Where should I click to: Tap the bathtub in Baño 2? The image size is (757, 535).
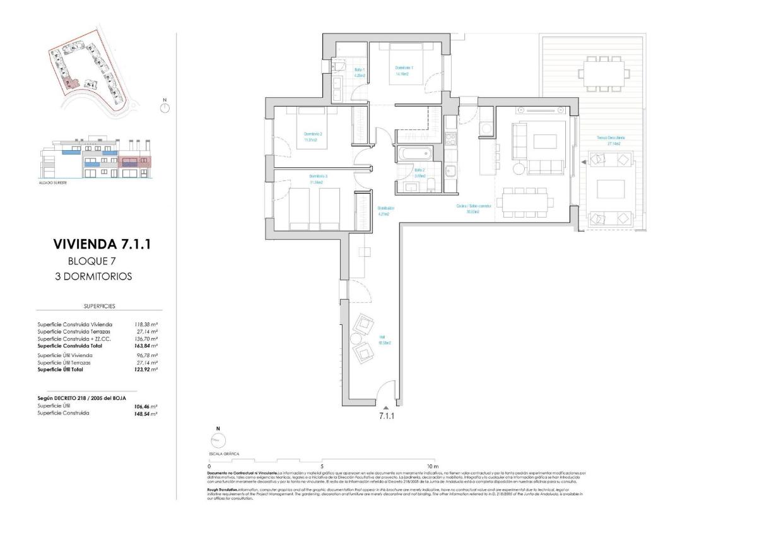[413, 153]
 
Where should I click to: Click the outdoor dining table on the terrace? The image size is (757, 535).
[604, 73]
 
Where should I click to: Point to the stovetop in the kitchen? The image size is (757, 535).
[450, 137]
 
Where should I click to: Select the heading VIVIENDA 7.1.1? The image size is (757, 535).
[102, 245]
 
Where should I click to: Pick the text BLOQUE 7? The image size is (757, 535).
[92, 261]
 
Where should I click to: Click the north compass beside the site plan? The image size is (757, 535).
[165, 107]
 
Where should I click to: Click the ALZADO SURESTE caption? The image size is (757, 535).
[53, 182]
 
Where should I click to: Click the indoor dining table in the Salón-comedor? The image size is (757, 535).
[525, 202]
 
